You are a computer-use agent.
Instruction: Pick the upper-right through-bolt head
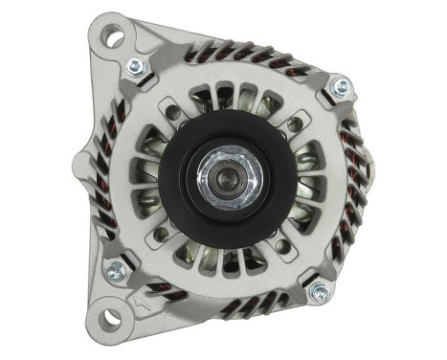point(338,88)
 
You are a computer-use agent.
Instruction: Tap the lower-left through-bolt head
point(117,270)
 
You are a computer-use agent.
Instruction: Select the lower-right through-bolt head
point(319,291)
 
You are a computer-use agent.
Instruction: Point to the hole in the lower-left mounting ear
point(113,315)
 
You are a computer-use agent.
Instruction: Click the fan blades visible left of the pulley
point(145,177)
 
